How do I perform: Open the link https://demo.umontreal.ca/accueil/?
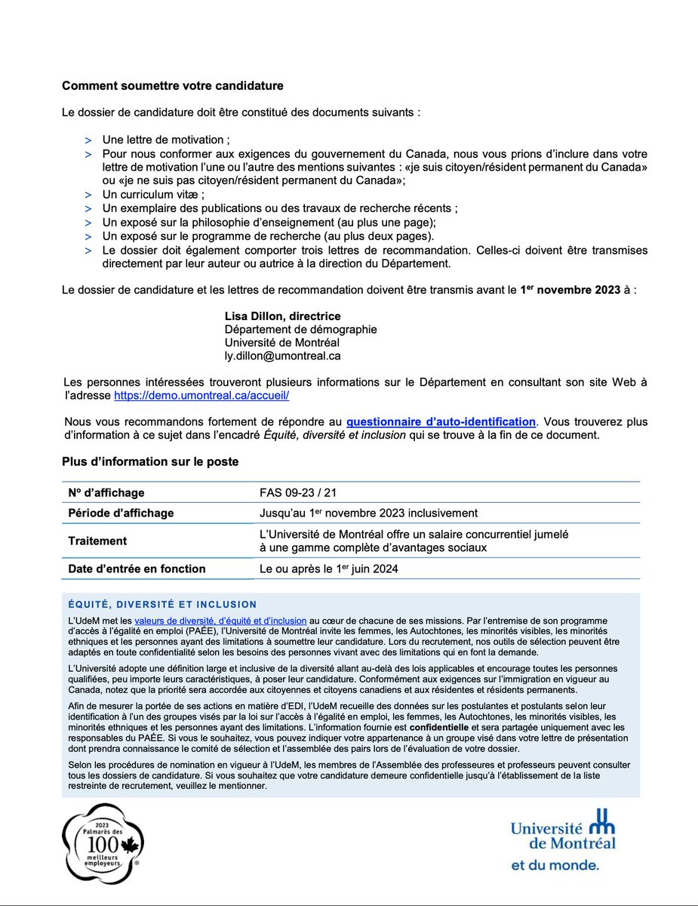pyautogui.click(x=201, y=395)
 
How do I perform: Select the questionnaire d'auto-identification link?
pyautogui.click(x=441, y=421)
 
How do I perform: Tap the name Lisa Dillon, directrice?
pyautogui.click(x=282, y=316)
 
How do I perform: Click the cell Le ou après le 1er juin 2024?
pyautogui.click(x=328, y=569)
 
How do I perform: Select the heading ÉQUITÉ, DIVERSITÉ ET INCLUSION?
pyautogui.click(x=161, y=604)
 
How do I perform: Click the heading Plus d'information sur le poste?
pyautogui.click(x=150, y=461)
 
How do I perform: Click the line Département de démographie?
pyautogui.click(x=300, y=329)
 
